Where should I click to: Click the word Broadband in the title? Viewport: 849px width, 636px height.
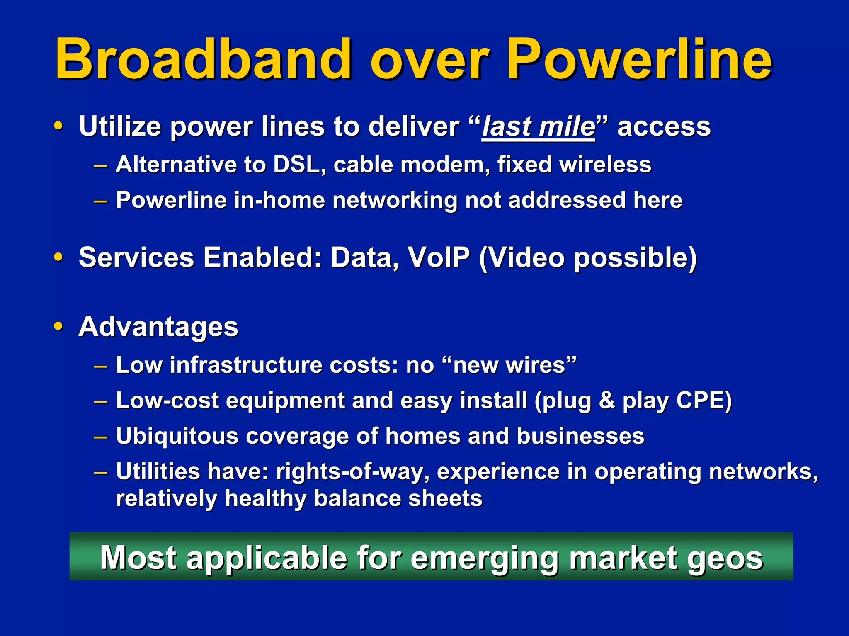click(x=203, y=59)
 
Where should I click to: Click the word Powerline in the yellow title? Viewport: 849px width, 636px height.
click(x=638, y=59)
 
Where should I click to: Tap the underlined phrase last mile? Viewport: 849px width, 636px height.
click(x=538, y=126)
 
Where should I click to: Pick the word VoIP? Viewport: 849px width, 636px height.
click(x=439, y=257)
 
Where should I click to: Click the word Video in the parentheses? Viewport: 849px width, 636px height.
click(x=526, y=257)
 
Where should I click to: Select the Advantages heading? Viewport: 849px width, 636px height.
click(x=158, y=327)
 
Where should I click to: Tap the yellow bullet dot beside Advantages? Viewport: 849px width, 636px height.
click(x=58, y=326)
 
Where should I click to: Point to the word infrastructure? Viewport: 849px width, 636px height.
click(x=246, y=365)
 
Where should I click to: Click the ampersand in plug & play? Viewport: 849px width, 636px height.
click(x=607, y=401)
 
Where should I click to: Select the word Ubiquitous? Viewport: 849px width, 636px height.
click(x=177, y=436)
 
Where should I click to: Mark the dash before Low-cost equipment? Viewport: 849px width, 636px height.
click(x=101, y=401)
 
